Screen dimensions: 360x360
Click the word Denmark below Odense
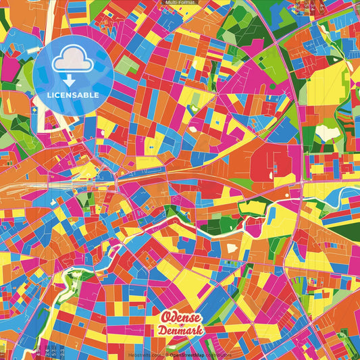[180, 330]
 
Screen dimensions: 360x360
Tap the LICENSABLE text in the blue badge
[73, 95]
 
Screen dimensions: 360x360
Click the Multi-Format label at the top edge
[180, 3]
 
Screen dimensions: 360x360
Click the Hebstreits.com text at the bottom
[143, 354]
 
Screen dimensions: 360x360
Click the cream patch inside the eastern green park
[329, 132]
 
